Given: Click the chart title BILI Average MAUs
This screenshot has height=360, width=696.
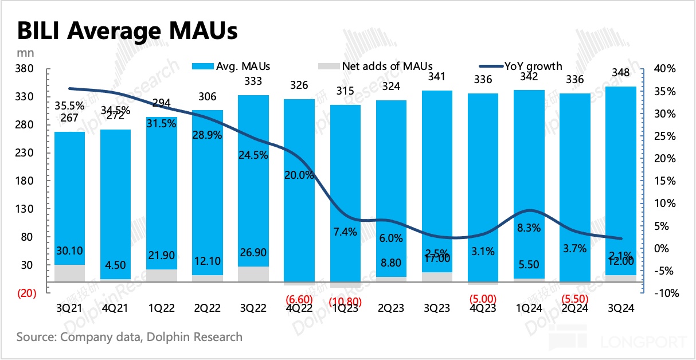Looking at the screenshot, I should (127, 30).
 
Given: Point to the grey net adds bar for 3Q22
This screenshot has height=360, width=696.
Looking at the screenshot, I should (253, 274).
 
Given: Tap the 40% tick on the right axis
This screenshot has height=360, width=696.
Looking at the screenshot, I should (665, 69).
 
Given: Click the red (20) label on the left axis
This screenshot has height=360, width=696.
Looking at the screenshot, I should (27, 293).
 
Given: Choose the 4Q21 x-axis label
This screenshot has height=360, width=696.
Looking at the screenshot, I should (115, 308).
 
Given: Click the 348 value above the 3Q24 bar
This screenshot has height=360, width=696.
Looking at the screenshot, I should (621, 73).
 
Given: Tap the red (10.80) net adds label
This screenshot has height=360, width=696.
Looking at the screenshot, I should (345, 299).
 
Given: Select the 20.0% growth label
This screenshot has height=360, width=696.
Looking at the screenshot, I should (299, 175).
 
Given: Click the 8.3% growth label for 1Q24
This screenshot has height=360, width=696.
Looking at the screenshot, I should (529, 228).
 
